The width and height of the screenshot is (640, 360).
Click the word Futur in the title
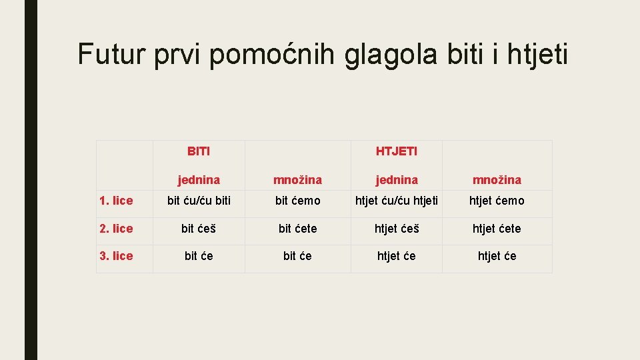[111, 53]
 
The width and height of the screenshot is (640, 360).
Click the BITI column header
[199, 151]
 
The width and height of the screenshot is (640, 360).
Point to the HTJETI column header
[397, 151]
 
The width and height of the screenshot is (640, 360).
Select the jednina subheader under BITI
[199, 179]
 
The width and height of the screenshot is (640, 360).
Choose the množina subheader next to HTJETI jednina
[497, 179]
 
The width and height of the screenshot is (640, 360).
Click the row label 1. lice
[116, 201]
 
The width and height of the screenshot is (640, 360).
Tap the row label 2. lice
[116, 229]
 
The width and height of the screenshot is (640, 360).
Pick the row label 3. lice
[116, 256]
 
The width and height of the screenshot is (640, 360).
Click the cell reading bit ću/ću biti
[199, 201]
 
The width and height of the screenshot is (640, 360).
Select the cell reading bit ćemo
[297, 201]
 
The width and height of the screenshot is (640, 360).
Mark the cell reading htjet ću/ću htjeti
[397, 201]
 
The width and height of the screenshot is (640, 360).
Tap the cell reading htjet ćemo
[497, 201]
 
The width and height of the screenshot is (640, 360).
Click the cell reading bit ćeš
[199, 229]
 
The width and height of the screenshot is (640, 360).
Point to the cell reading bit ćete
[297, 229]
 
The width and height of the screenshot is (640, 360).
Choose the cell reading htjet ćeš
[397, 229]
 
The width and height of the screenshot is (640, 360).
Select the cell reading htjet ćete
[497, 229]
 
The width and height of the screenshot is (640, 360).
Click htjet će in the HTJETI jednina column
[397, 256]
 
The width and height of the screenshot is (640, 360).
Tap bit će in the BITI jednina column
[199, 256]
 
